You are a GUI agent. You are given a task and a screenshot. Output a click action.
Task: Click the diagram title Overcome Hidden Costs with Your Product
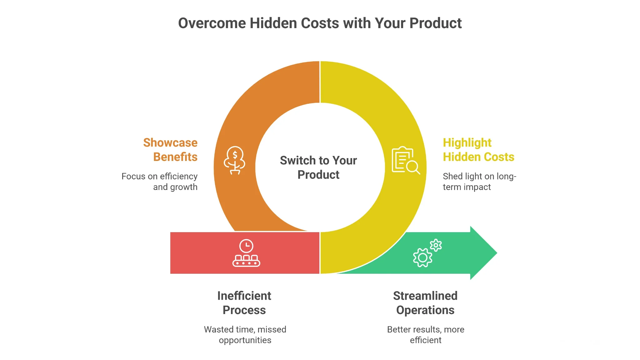(x=320, y=23)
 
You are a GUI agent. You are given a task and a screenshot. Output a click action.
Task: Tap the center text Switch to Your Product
(x=318, y=167)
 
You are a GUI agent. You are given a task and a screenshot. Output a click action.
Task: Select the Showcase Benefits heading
(x=170, y=150)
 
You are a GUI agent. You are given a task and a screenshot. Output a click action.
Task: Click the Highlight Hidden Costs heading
(x=478, y=150)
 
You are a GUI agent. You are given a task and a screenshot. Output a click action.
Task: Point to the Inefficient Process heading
(x=244, y=303)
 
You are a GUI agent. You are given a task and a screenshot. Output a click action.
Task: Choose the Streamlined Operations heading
(x=425, y=303)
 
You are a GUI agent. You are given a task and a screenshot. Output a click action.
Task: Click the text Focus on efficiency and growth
(x=159, y=182)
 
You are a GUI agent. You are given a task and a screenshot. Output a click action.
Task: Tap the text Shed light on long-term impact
(x=479, y=182)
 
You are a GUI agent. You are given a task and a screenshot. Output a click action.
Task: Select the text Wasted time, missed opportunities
(x=245, y=335)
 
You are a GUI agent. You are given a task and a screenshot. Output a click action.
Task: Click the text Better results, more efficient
(x=426, y=335)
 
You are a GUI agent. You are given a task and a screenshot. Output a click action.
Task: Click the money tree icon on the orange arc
(x=235, y=160)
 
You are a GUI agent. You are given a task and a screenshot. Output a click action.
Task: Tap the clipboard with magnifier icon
(x=406, y=160)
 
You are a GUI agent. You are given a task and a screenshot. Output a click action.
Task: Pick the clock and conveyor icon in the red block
(x=246, y=253)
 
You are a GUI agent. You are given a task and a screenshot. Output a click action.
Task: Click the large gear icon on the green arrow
(x=422, y=258)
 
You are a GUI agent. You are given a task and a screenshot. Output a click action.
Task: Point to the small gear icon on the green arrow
(x=436, y=245)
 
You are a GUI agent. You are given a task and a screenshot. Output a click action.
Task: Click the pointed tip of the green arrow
(x=497, y=253)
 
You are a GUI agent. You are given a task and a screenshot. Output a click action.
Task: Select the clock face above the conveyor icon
(x=246, y=246)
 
